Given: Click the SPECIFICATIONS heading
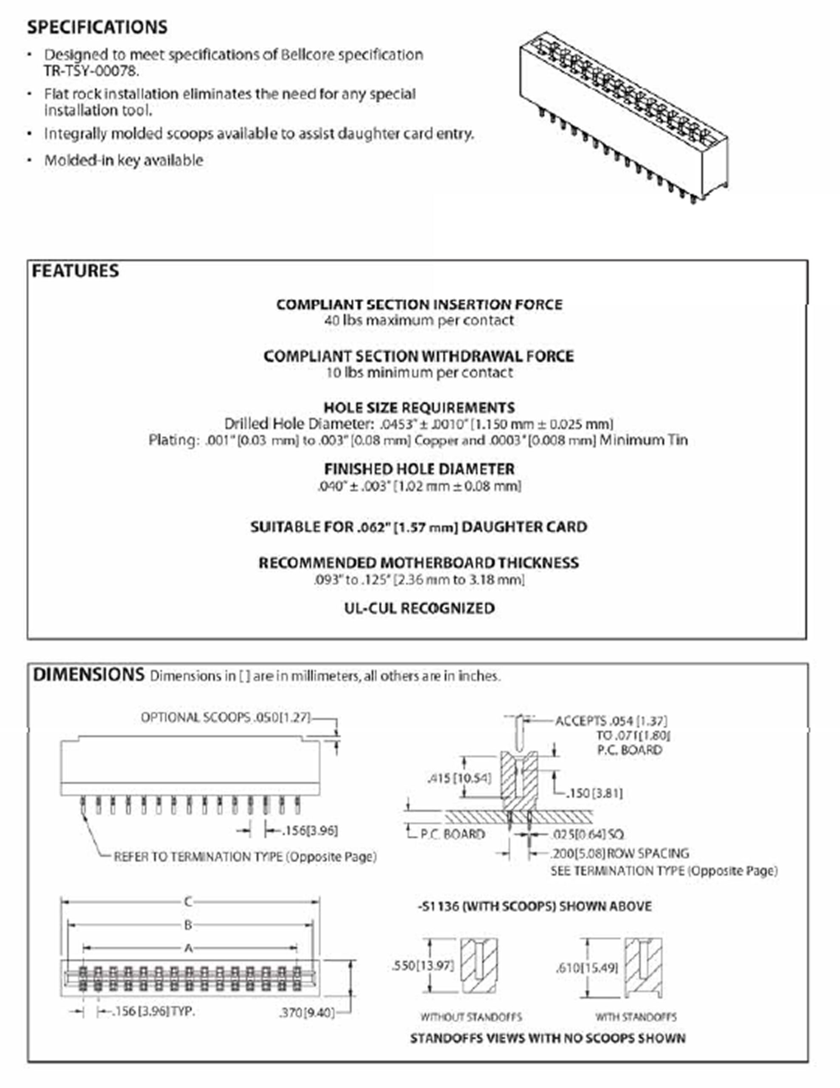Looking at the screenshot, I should click(x=97, y=27).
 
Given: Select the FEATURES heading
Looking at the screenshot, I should click(x=75, y=271).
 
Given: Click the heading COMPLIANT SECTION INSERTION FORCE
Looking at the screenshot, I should click(x=419, y=304).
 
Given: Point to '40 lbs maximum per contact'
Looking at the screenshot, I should click(x=419, y=320).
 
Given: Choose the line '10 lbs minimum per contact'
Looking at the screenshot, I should click(x=419, y=373).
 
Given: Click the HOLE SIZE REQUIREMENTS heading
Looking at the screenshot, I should click(x=419, y=408).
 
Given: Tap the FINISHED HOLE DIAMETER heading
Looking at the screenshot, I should click(x=419, y=469).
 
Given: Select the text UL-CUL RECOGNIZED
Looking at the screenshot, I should click(x=419, y=608).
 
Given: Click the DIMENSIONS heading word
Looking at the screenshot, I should click(x=88, y=674).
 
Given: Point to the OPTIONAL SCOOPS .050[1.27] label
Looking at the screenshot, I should click(x=226, y=717).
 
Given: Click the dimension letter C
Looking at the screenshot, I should click(x=188, y=902).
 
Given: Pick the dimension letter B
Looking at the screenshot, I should click(x=188, y=925).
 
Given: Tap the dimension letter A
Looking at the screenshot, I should click(x=188, y=948).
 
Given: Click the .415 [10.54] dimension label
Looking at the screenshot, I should click(x=459, y=778).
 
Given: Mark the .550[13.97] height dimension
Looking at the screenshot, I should click(x=423, y=966).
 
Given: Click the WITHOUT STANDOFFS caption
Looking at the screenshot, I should click(x=471, y=1017).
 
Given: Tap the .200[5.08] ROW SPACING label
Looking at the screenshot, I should click(x=619, y=853).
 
